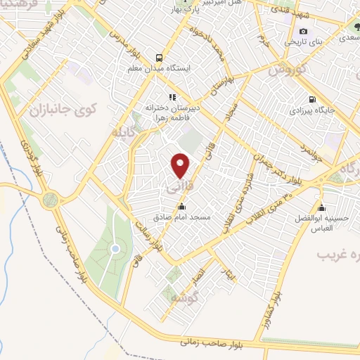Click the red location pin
pyautogui.click(x=181, y=165)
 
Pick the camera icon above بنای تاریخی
pyautogui.click(x=304, y=32)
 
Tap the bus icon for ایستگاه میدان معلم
pyautogui.click(x=159, y=58)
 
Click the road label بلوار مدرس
pyautogui.click(x=132, y=42)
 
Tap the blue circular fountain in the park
pyautogui.click(x=115, y=250)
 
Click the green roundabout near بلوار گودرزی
pyautogui.click(x=50, y=200)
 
